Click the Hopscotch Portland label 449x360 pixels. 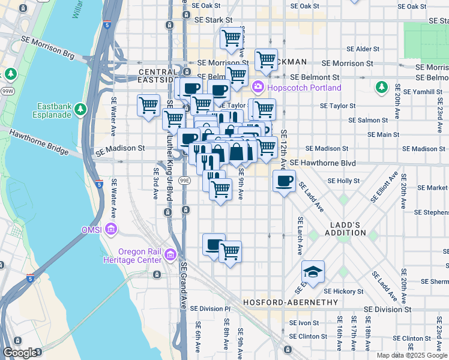tap(305, 88)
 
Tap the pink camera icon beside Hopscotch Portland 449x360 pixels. tap(258, 88)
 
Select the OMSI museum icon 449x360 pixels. tap(110, 229)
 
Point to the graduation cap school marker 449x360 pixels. tap(313, 272)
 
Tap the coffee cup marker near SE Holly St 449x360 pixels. tap(284, 180)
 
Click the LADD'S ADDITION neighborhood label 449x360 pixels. tap(346, 229)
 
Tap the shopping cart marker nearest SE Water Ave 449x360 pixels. tap(148, 106)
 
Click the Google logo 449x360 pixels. tap(20, 353)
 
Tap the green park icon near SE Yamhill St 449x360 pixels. tap(381, 88)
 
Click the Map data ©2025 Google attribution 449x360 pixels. tap(411, 355)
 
